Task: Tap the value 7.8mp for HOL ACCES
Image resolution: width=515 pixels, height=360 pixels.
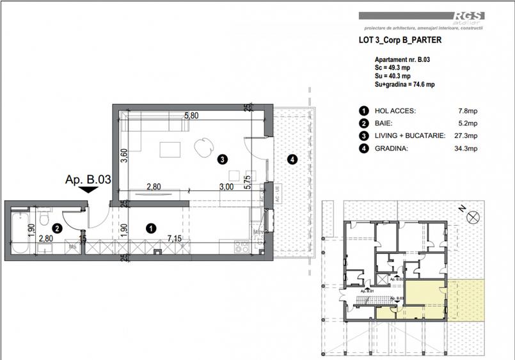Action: (468, 111)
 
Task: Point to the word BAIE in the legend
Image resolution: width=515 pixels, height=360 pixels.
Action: (383, 123)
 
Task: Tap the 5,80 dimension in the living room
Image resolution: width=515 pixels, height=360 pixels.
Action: (191, 116)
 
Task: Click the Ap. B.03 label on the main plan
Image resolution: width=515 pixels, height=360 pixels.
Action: (88, 181)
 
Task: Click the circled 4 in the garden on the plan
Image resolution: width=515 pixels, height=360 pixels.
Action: (292, 159)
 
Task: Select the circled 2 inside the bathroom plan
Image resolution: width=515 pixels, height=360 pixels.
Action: (57, 227)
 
